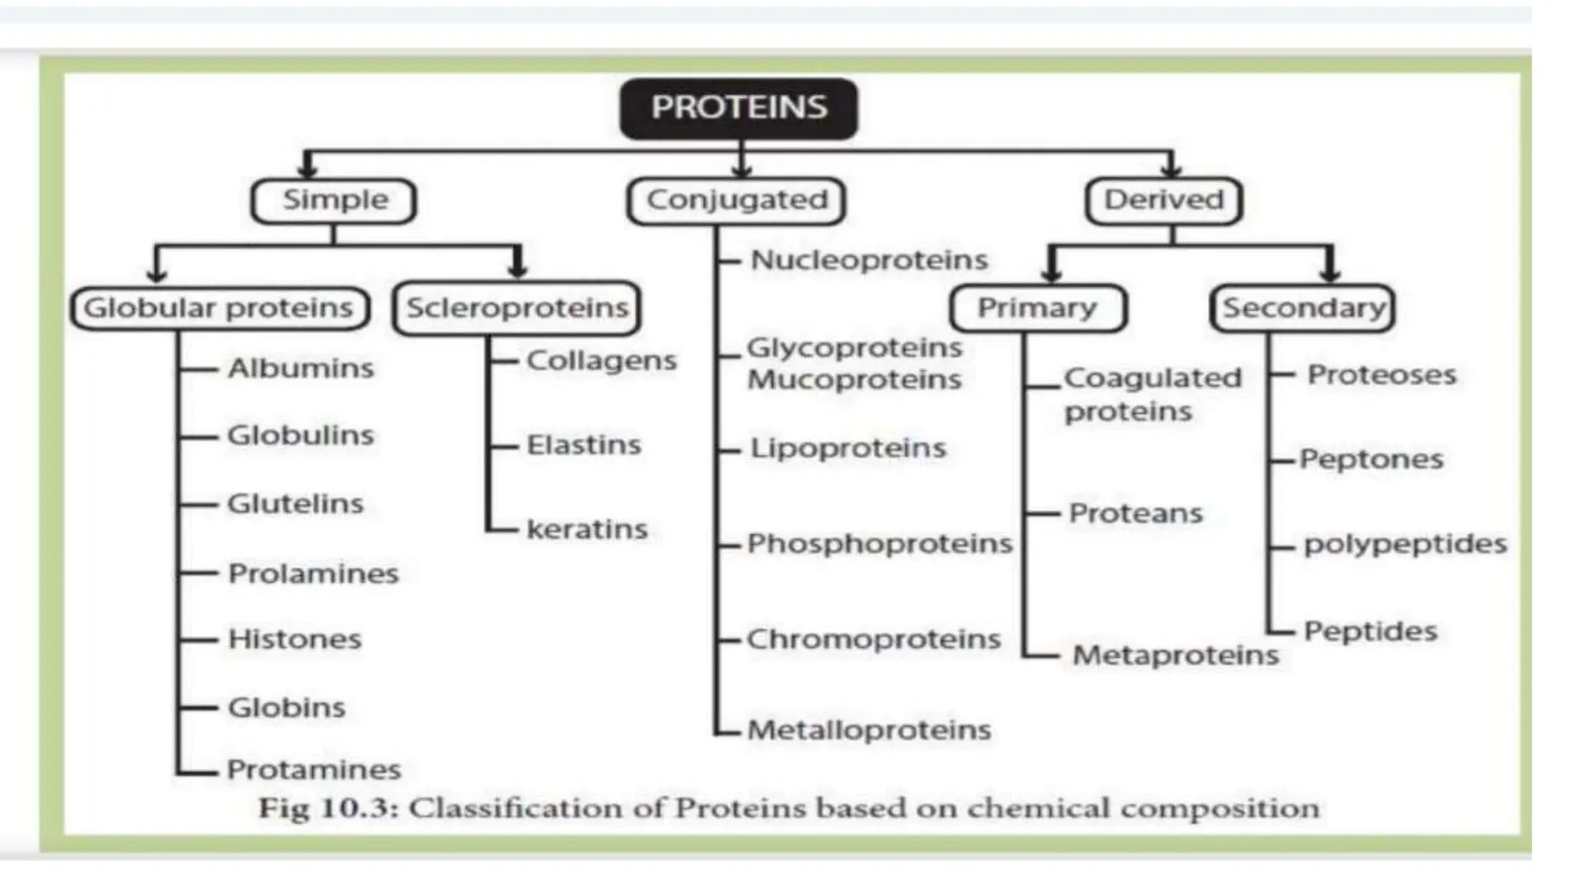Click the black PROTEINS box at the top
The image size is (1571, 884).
[x=739, y=108]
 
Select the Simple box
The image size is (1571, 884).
[x=334, y=201]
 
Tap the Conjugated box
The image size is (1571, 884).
[x=736, y=201]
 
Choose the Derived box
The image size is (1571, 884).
[x=1164, y=201]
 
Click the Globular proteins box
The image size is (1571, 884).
[x=219, y=308]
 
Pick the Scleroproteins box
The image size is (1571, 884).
[x=516, y=308]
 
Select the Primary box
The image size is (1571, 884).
[x=1037, y=308]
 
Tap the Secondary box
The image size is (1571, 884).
[x=1303, y=308]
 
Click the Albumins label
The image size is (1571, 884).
[x=301, y=369]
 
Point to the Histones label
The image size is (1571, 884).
[x=295, y=639]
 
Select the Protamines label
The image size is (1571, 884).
[x=314, y=770]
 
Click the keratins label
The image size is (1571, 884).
[x=587, y=529]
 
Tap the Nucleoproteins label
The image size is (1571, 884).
[x=869, y=260]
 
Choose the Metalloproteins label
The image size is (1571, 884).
[x=869, y=730]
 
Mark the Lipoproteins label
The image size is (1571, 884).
[x=848, y=448]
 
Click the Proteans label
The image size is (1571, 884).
[x=1136, y=513]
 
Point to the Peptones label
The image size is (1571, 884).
[x=1372, y=460]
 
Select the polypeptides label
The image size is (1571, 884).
[x=1405, y=544]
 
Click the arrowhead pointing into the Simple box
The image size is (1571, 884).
[x=308, y=167]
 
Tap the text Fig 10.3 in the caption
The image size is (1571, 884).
[x=325, y=809]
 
